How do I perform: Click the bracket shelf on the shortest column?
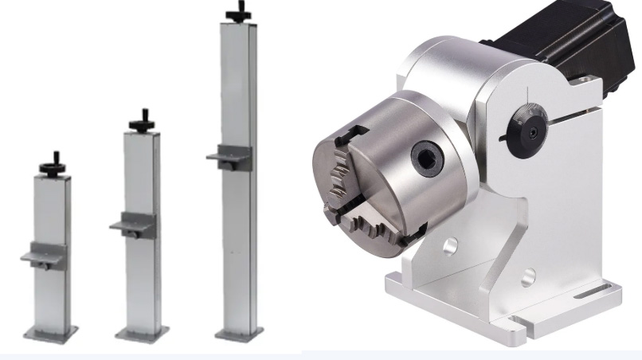43,256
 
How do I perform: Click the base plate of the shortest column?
50,332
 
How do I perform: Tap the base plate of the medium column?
142,334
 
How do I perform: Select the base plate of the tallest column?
239,332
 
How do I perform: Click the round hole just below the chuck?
450,247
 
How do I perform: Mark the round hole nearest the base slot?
528,278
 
